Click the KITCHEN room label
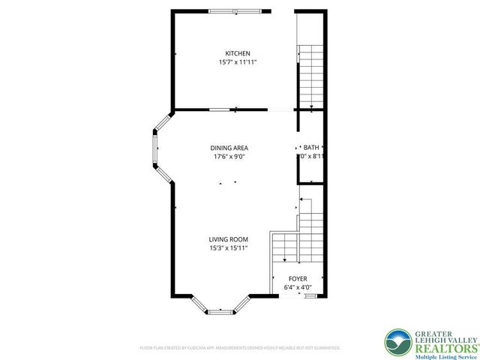click(x=238, y=53)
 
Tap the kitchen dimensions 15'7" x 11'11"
click(x=238, y=62)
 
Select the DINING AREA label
click(x=229, y=148)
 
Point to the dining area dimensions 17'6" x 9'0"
click(x=229, y=157)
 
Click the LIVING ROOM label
click(x=228, y=240)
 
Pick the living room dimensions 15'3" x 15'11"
click(x=228, y=248)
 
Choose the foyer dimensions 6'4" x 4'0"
click(x=298, y=287)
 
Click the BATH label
click(x=312, y=148)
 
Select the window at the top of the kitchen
click(x=235, y=11)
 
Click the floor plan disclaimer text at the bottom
click(x=240, y=348)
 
